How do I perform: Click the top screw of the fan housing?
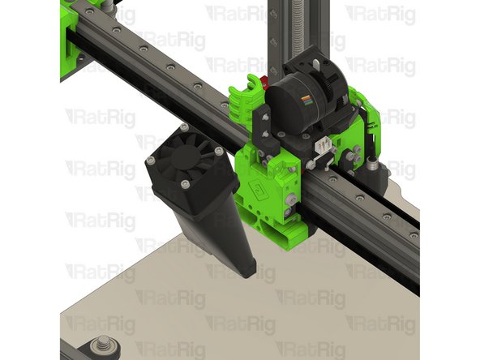pyautogui.click(x=185, y=127)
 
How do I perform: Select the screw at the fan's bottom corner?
pyautogui.click(x=186, y=186)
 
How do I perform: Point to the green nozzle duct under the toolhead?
pyautogui.click(x=281, y=231)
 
